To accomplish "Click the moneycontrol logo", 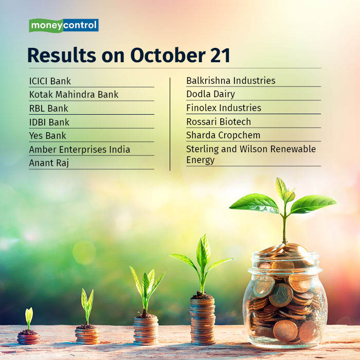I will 63,25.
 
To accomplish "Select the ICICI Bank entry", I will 50,81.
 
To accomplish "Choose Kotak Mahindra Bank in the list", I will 74,95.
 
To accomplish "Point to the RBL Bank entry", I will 48,109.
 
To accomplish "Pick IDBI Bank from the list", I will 49,122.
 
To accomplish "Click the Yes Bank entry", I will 47,136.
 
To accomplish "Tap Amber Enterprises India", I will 79,150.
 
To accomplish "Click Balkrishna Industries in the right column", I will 230,81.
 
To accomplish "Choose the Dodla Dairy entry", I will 210,94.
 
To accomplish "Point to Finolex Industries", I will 223,108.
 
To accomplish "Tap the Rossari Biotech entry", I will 218,122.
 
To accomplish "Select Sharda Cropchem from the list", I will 223,135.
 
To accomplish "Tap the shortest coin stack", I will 28,337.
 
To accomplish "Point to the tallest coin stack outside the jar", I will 202,320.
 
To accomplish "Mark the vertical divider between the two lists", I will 170,123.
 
